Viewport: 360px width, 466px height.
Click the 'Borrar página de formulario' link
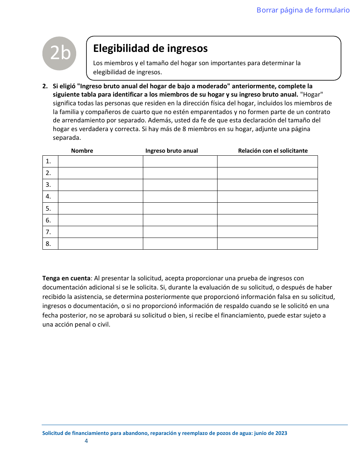pyautogui.click(x=303, y=10)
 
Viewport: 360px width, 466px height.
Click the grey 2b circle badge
pyautogui.click(x=59, y=53)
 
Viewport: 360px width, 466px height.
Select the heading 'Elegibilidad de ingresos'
pyautogui.click(x=150, y=48)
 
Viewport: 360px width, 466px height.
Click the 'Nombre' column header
pyautogui.click(x=82, y=151)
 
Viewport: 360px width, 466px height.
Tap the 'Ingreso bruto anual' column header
pyautogui.click(x=171, y=151)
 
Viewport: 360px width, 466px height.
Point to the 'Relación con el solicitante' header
pyautogui.click(x=272, y=151)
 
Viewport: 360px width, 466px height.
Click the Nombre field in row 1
pyautogui.click(x=100, y=161)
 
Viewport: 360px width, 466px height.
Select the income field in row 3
pyautogui.click(x=180, y=185)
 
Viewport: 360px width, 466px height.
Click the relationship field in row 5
pyautogui.click(x=267, y=208)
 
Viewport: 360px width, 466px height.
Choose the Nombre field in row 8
pyautogui.click(x=100, y=244)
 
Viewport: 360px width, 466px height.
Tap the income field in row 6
pyautogui.click(x=180, y=220)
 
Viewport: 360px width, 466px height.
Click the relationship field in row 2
pyautogui.click(x=267, y=173)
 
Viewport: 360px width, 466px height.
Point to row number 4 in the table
pyautogui.click(x=49, y=197)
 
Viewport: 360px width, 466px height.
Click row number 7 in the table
pyautogui.click(x=49, y=232)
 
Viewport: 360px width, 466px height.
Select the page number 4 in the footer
pyautogui.click(x=86, y=441)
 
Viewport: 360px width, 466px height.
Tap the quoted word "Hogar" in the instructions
pyautogui.click(x=311, y=94)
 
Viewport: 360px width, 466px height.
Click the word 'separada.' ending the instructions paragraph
pyautogui.click(x=67, y=138)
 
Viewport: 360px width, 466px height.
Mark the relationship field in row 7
pyautogui.click(x=267, y=232)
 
